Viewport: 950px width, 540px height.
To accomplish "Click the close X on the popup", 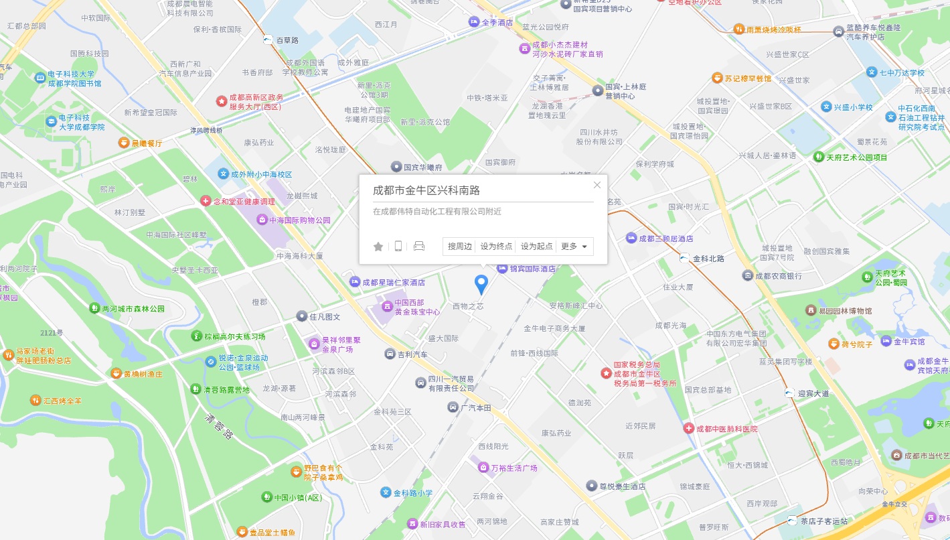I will [597, 185].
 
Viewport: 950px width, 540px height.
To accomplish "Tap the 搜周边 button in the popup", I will [460, 247].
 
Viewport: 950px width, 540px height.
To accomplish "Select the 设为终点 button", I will [496, 247].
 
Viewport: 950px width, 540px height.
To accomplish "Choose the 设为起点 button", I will [536, 247].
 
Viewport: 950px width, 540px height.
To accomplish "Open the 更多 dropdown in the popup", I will [574, 247].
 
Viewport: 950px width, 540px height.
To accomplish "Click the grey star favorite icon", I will [378, 247].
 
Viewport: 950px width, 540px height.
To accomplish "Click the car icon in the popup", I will [419, 246].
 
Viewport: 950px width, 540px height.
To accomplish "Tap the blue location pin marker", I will [481, 284].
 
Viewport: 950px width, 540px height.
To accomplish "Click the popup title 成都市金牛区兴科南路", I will [426, 190].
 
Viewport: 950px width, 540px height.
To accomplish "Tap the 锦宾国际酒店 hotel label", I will [532, 269].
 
